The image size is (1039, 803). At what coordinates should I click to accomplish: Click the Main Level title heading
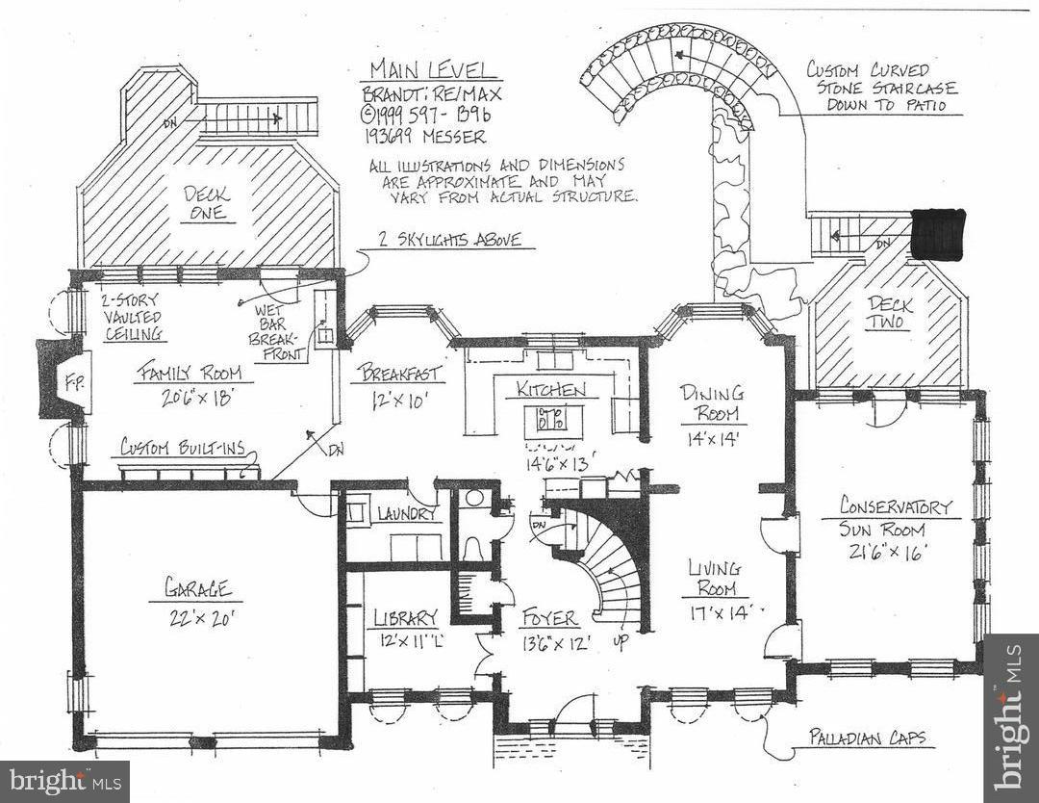point(434,71)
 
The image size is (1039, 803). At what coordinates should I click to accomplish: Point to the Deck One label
point(207,202)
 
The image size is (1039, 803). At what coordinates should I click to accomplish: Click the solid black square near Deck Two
point(937,233)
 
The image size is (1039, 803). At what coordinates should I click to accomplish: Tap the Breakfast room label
point(402,374)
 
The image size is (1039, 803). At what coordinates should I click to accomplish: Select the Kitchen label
point(551,390)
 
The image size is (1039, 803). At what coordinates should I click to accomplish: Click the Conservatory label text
point(895,506)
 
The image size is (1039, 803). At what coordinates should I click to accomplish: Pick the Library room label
point(406,617)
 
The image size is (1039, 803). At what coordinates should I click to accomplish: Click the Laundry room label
point(406,514)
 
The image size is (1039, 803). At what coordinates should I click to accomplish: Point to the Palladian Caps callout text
point(876,738)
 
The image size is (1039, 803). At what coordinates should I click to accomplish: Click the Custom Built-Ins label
point(183,449)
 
